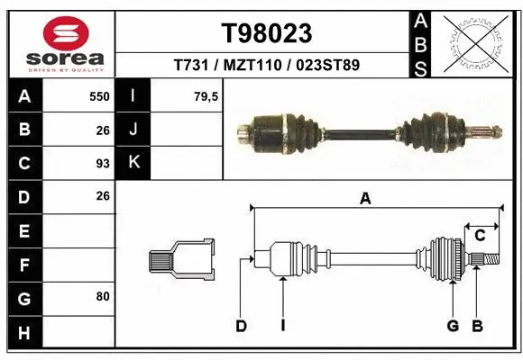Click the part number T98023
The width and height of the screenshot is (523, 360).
coord(267,33)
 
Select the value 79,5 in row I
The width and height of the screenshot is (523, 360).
coord(205,96)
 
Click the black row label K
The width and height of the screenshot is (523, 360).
coord(133,163)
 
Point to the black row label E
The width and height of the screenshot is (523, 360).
coord(23,230)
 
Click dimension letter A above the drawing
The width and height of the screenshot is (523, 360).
coord(365,200)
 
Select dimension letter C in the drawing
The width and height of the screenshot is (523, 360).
coord(481,236)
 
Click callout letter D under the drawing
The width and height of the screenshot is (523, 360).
coord(241,326)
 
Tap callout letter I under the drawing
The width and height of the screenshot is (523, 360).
coord(282,326)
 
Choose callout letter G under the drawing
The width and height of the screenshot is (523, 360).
coord(453,326)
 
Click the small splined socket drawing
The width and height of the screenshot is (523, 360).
coord(180,260)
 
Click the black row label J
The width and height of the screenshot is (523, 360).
coord(133,130)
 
